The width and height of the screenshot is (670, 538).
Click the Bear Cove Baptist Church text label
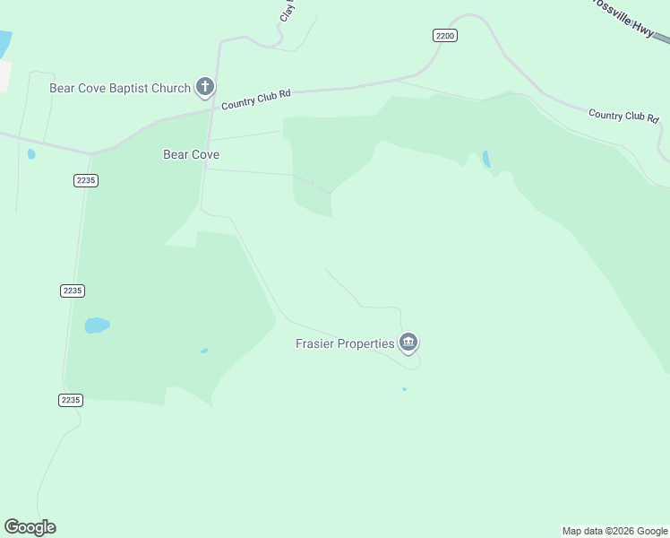(x=120, y=88)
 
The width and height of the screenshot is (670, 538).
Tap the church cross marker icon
(x=205, y=87)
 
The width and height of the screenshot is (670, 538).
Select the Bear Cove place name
(x=191, y=154)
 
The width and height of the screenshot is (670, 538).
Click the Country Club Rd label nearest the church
(x=256, y=99)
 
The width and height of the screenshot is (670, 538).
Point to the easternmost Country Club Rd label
(x=623, y=116)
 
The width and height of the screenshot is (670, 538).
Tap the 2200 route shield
(x=444, y=35)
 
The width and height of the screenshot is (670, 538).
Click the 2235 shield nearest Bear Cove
(x=86, y=180)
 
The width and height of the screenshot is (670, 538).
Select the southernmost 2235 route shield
(x=72, y=400)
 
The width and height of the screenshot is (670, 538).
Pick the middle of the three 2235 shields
(x=73, y=291)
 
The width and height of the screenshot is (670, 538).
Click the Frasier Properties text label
(x=345, y=343)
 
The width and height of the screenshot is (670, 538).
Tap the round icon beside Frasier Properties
(x=408, y=343)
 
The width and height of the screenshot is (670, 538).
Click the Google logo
(x=30, y=526)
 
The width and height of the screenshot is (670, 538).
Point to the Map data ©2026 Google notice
(x=614, y=531)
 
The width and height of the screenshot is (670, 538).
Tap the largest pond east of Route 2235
(x=97, y=325)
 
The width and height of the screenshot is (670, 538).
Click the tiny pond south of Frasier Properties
(x=404, y=389)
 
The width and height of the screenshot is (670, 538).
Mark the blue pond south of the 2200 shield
(x=486, y=160)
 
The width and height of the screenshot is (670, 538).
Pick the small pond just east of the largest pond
(x=204, y=351)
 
